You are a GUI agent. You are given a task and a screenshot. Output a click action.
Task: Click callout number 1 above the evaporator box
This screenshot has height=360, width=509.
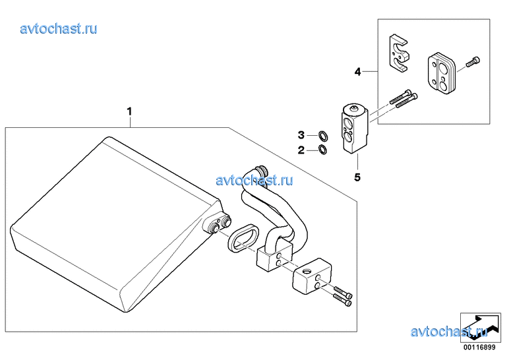(x=129, y=111)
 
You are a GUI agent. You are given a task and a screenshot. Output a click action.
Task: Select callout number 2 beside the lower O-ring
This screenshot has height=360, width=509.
(x=301, y=150)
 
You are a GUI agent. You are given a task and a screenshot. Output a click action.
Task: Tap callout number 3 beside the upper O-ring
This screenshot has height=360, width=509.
(x=301, y=135)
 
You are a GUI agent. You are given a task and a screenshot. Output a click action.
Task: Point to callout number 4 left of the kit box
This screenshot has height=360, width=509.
(x=357, y=72)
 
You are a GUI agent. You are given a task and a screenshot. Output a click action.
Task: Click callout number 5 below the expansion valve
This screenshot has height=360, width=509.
(x=357, y=177)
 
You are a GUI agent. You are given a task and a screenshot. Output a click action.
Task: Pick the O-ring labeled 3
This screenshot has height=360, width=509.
(x=322, y=136)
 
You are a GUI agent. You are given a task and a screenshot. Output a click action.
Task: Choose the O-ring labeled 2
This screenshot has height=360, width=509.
(x=322, y=150)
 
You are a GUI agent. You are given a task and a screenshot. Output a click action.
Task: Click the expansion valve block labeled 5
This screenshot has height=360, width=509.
(x=355, y=129)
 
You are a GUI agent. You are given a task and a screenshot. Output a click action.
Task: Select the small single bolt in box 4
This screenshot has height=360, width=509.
(x=473, y=62)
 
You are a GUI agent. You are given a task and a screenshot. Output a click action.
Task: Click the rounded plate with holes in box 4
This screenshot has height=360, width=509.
(x=441, y=73)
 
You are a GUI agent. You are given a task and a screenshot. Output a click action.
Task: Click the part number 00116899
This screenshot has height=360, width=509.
(x=479, y=347)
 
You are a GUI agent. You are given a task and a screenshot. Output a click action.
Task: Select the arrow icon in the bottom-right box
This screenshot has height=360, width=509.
(x=481, y=327)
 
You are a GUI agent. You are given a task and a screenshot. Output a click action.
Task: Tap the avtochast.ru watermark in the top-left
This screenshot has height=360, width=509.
(x=59, y=29)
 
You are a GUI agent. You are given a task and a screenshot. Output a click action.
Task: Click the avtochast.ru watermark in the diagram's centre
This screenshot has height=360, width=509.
(x=254, y=180)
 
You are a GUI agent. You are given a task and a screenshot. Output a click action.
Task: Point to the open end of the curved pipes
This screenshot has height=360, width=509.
(x=261, y=170)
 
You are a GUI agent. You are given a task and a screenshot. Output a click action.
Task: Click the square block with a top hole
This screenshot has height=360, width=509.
(x=313, y=274)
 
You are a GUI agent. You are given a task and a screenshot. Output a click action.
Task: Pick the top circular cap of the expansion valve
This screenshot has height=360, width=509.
(x=355, y=108)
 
